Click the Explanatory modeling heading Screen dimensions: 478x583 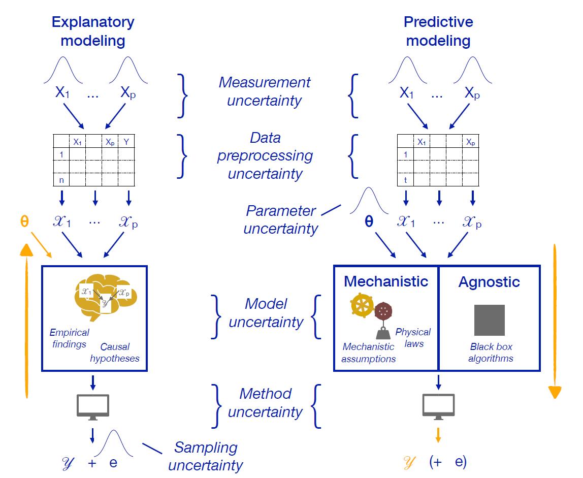click(x=94, y=31)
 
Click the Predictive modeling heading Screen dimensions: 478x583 click(x=438, y=31)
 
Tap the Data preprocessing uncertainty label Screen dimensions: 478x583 click(x=265, y=156)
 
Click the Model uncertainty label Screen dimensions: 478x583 click(x=266, y=313)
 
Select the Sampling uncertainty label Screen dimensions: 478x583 click(x=205, y=456)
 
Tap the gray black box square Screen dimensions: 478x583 click(x=489, y=320)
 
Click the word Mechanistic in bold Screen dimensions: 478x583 click(x=386, y=281)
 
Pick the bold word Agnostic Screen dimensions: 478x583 click(x=489, y=282)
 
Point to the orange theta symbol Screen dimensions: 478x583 click(x=24, y=222)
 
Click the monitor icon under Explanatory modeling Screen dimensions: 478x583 click(x=93, y=407)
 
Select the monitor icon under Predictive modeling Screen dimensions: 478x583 click(x=439, y=407)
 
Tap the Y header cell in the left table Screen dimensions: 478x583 click(x=126, y=142)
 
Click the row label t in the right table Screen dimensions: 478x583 click(x=405, y=179)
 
